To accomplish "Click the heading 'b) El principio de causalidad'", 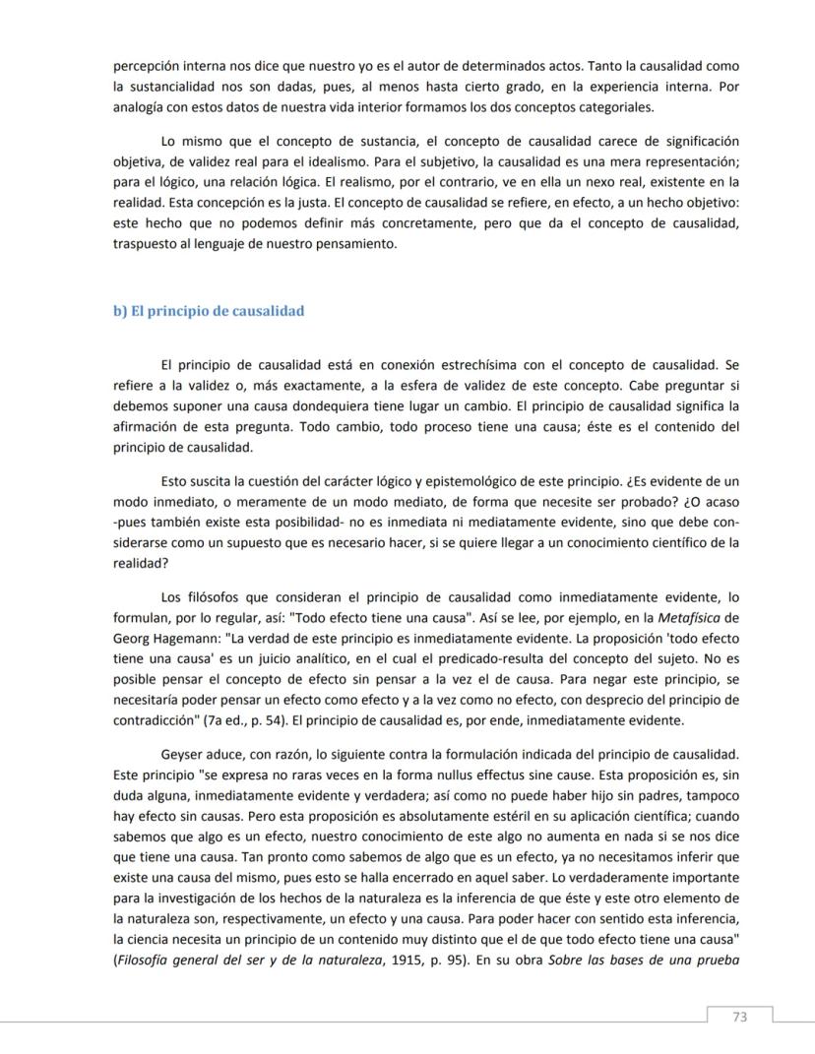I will (x=209, y=311).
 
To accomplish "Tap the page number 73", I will (x=740, y=1017).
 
